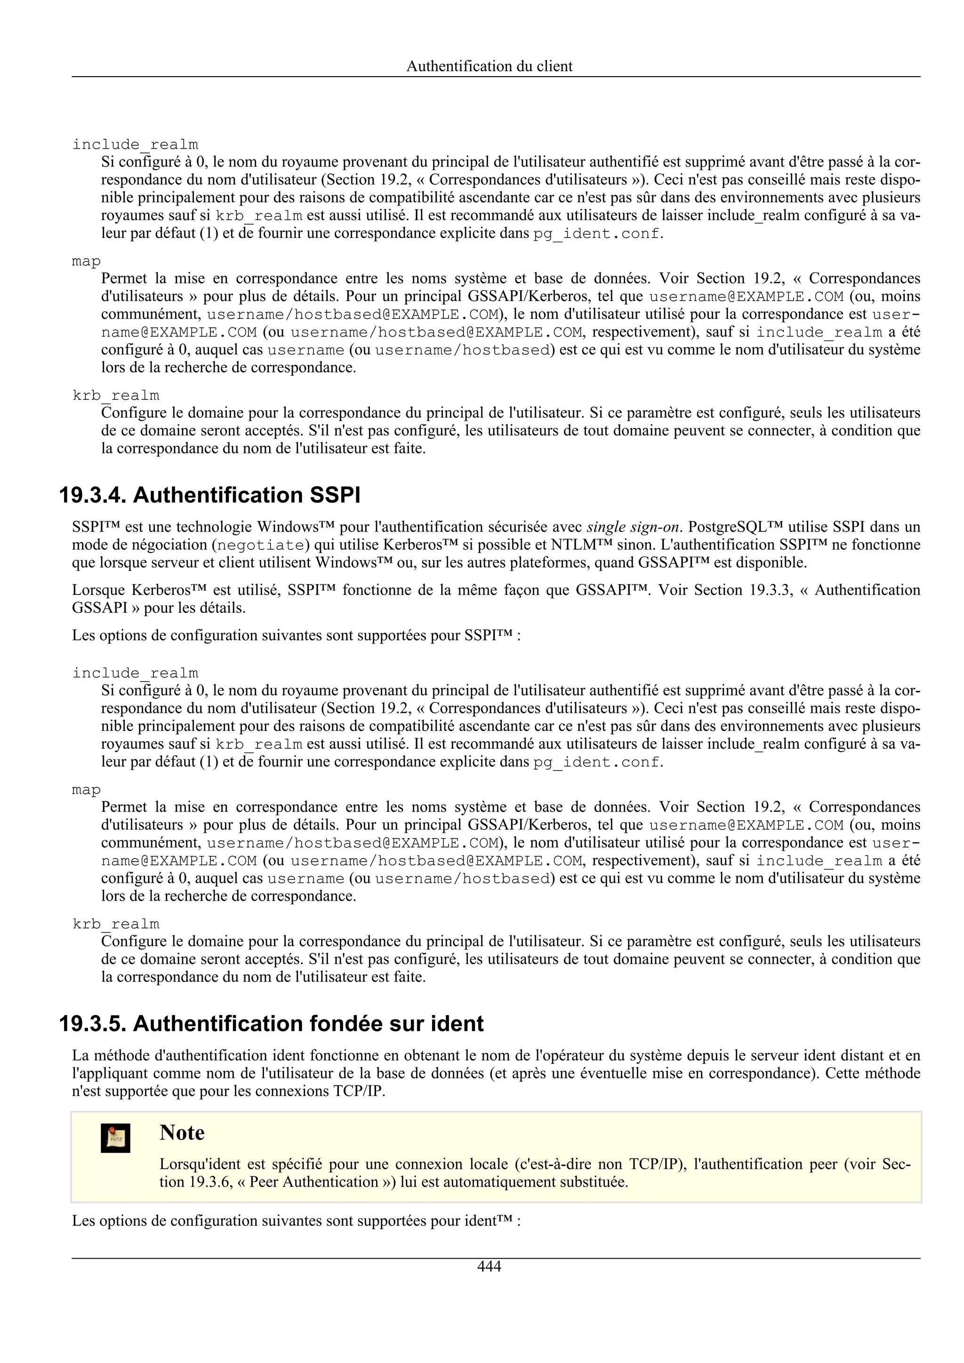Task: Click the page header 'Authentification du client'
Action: click(489, 66)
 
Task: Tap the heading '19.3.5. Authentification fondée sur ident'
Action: click(272, 1023)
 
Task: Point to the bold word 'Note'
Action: click(182, 1133)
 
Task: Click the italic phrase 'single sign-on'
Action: click(632, 527)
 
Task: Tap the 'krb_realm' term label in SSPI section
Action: click(116, 924)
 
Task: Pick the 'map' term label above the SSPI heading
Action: click(86, 261)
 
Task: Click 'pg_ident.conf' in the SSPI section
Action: click(596, 762)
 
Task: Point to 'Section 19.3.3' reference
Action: click(743, 590)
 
